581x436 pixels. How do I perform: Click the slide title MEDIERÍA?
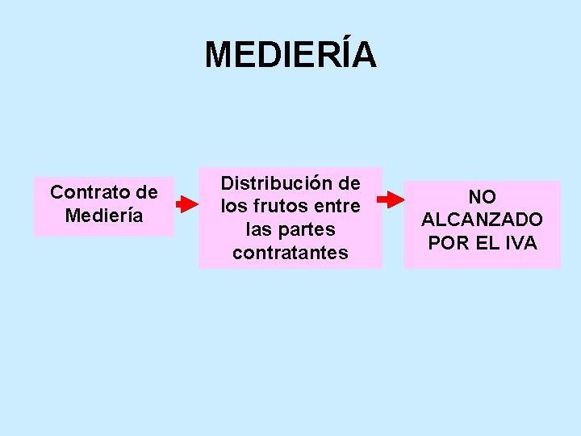290,55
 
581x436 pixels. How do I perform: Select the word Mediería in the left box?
103,216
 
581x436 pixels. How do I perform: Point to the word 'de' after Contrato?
148,193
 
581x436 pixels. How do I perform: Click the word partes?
307,230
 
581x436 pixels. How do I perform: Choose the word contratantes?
290,254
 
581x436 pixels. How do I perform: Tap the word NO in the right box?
483,197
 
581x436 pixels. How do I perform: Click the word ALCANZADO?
483,220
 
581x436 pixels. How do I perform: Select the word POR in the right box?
446,243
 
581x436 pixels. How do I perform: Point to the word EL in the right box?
483,243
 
